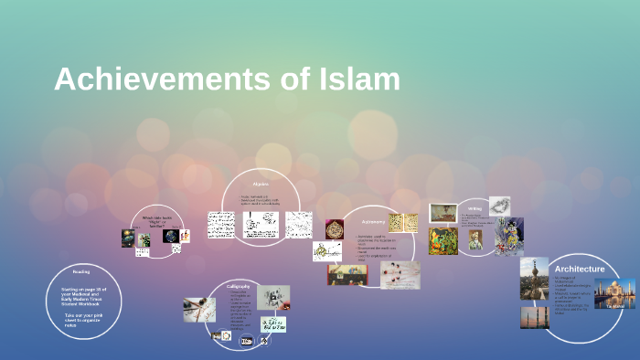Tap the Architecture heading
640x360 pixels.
coord(579,269)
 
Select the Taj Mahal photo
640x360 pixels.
coord(614,293)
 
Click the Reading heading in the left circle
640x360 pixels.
coord(81,271)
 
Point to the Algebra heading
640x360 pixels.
coord(261,183)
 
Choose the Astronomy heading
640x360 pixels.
coord(373,222)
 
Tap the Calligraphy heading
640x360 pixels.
coord(239,287)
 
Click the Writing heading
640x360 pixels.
coord(475,208)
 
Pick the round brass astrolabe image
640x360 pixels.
coord(335,228)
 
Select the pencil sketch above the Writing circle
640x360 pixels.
coord(499,206)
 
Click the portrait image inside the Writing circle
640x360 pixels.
coord(475,239)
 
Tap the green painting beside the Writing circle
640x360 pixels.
coord(443,240)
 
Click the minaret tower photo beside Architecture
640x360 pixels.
coord(534,278)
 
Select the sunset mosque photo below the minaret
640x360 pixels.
coord(534,317)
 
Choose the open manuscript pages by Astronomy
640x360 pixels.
coord(403,222)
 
